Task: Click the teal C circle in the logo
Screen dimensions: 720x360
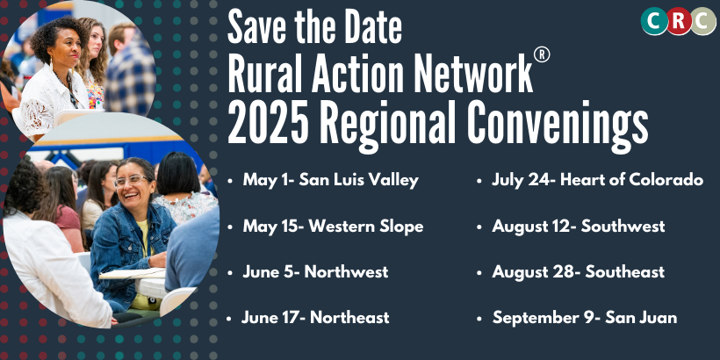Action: click(654, 21)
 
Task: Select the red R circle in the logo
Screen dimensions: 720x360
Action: click(679, 21)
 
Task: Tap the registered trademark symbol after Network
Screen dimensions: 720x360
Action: click(542, 55)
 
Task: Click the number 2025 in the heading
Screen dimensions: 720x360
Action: click(268, 124)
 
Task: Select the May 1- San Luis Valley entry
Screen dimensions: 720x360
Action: click(331, 180)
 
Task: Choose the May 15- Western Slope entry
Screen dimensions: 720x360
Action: click(333, 226)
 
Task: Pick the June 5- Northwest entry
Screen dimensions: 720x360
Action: click(315, 272)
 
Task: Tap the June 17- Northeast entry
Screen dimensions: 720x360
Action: click(315, 317)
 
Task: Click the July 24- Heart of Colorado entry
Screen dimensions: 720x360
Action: click(597, 180)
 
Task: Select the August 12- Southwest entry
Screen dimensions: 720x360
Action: click(579, 226)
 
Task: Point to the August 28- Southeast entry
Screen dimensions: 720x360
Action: click(578, 272)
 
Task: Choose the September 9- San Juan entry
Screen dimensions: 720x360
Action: click(585, 318)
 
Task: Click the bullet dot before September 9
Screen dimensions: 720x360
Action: click(479, 319)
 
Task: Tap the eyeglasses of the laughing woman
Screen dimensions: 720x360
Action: click(132, 181)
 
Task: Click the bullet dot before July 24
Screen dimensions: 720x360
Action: click(479, 182)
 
